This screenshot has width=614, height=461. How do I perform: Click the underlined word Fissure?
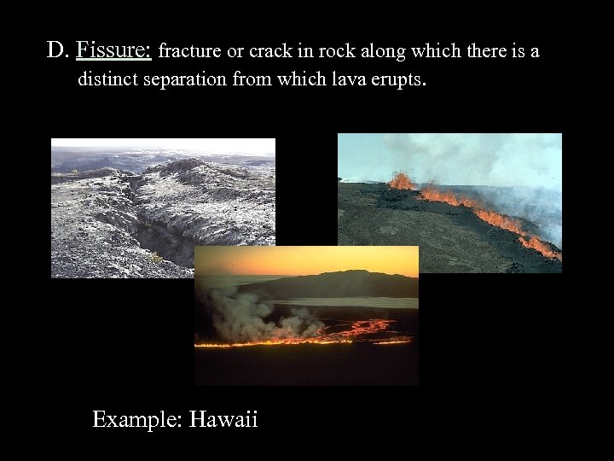(x=113, y=51)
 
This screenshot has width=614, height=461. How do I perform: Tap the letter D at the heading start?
(x=56, y=51)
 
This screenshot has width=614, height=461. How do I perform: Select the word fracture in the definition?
(x=189, y=51)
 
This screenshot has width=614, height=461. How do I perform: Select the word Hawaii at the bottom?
(x=223, y=419)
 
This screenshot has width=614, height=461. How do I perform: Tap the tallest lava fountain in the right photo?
(x=401, y=180)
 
